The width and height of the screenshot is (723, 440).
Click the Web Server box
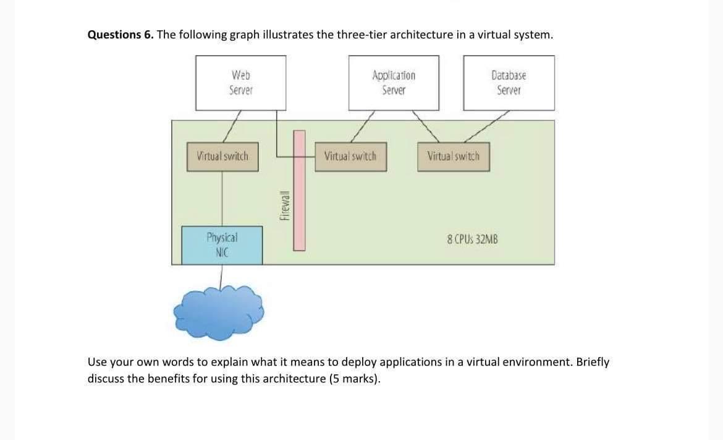pos(240,82)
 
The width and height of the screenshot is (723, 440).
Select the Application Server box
pos(394,82)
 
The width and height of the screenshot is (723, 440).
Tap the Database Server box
pos(509,82)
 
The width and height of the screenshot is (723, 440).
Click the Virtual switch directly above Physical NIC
pos(222,157)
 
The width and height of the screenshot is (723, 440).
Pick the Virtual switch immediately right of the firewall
pos(350,157)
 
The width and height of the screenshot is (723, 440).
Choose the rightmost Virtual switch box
pos(453,157)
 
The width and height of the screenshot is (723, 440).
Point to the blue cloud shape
pos(220,313)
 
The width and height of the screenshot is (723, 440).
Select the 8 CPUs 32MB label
pos(472,238)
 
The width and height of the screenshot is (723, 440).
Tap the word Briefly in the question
pos(592,362)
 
